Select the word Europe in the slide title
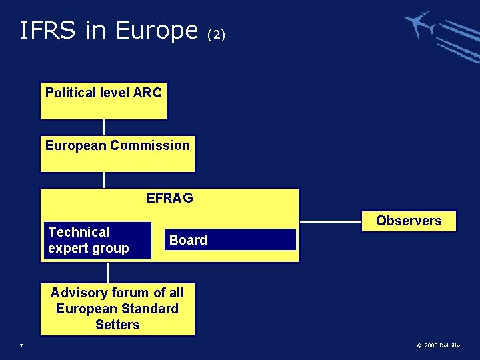(x=156, y=30)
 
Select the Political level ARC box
(x=103, y=101)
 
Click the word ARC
(x=147, y=93)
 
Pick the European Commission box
(x=117, y=154)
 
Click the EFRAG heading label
(x=169, y=198)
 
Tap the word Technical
(x=79, y=232)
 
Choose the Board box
(x=230, y=240)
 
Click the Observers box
(x=409, y=221)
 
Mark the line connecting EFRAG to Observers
(x=331, y=221)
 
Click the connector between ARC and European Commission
(x=103, y=127)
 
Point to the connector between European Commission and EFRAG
(x=103, y=180)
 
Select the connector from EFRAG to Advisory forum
(x=107, y=272)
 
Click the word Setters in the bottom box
(x=117, y=325)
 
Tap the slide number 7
(x=21, y=345)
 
